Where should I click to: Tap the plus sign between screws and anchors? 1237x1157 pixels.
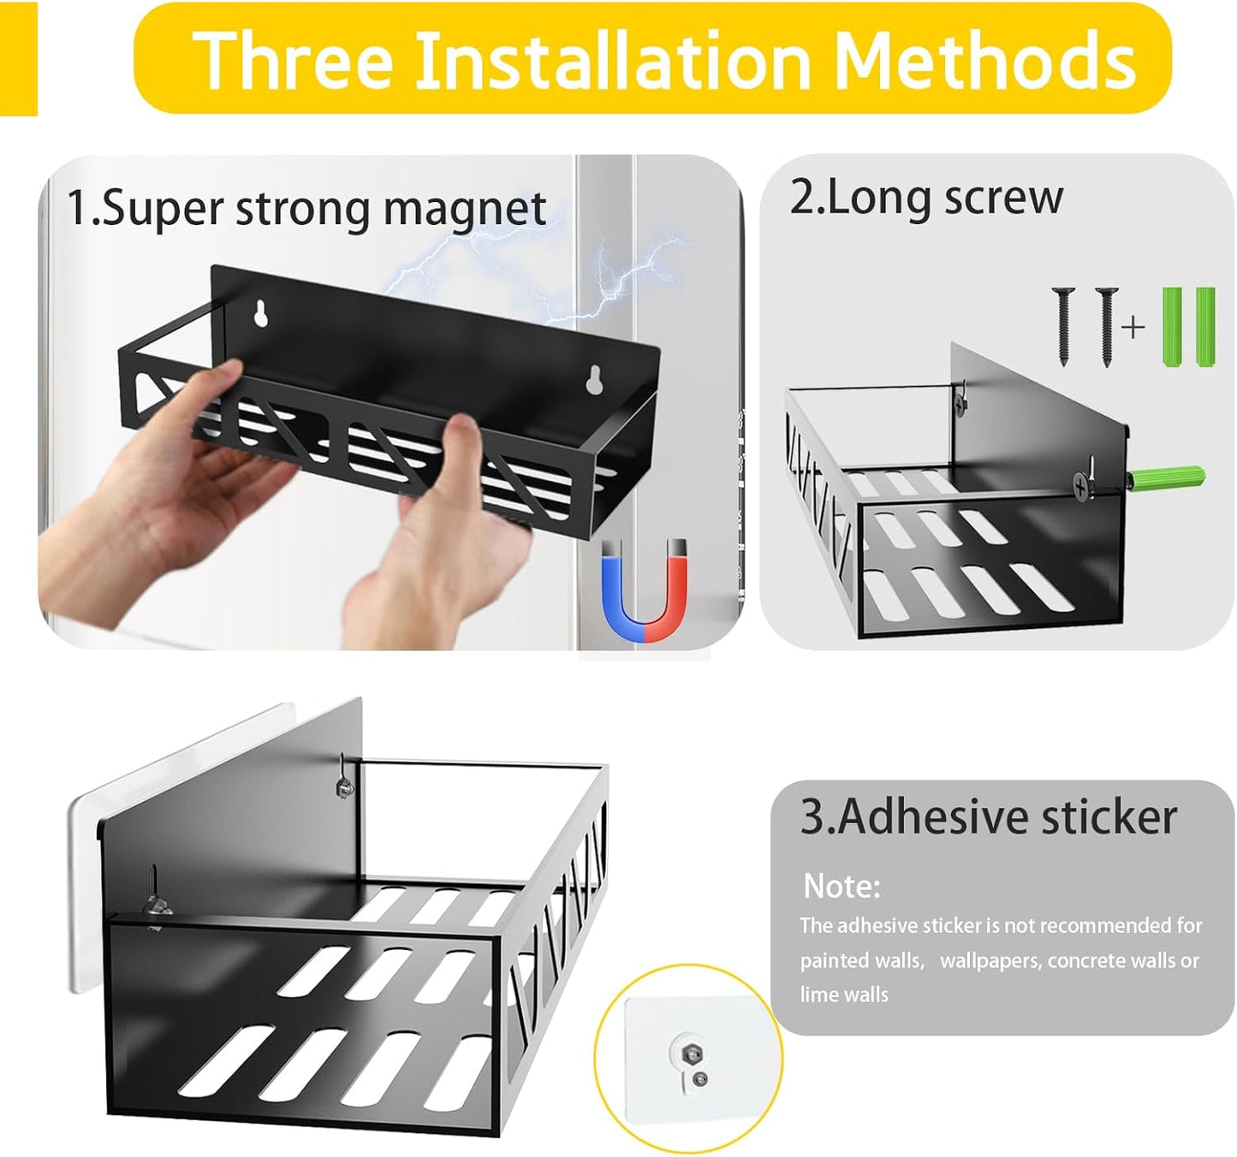pos(1133,327)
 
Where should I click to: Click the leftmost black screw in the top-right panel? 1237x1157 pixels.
pos(1064,325)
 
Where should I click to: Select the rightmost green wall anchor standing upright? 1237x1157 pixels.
pos(1204,327)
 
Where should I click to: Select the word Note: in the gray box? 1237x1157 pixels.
pos(842,887)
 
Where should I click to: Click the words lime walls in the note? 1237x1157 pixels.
pos(844,994)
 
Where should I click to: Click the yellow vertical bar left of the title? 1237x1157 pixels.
pos(18,57)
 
